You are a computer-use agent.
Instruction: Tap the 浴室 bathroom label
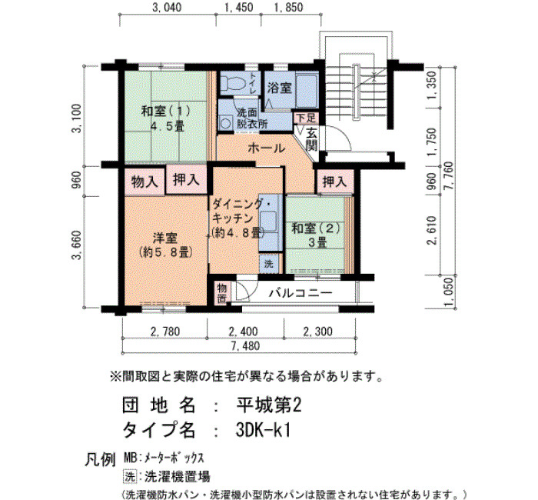point(280,88)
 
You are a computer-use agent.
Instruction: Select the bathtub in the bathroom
point(307,90)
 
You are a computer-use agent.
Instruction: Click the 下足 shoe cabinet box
point(306,118)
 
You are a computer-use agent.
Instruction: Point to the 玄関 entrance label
point(311,139)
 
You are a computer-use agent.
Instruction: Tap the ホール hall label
point(266,148)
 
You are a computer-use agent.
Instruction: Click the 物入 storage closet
point(144,181)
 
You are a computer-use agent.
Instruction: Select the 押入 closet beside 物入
point(186,179)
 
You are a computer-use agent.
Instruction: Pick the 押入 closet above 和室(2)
point(334,182)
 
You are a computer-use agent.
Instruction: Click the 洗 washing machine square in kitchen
point(269,264)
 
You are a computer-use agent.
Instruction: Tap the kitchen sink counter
point(271,222)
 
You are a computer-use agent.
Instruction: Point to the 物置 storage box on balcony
point(222,293)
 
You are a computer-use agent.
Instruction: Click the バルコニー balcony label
point(301,293)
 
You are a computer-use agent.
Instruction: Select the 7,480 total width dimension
point(245,346)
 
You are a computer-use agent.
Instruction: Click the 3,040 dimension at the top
point(167,8)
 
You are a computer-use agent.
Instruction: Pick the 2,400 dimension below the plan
point(244,332)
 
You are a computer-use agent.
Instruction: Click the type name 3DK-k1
point(264,429)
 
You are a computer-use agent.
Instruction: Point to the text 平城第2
point(269,405)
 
